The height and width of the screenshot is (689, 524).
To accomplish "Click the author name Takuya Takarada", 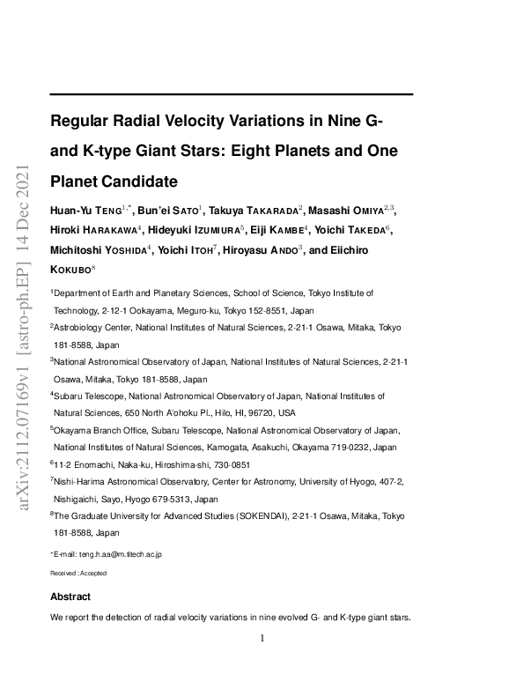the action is pos(255,210).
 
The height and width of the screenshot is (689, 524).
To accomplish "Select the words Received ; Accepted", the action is pos(78,573).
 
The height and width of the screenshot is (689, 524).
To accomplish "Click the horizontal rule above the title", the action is pos(232,93).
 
